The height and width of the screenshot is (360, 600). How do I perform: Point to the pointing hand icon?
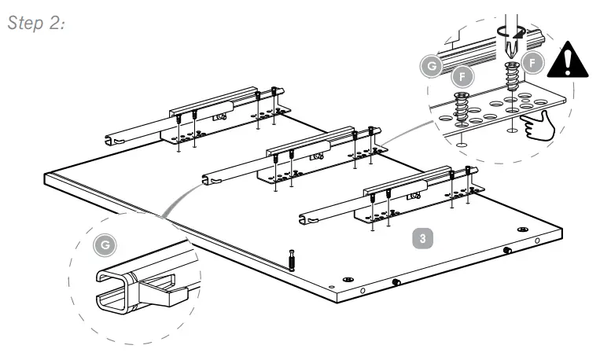(537, 124)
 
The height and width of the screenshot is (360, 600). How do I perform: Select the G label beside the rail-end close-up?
(109, 245)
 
